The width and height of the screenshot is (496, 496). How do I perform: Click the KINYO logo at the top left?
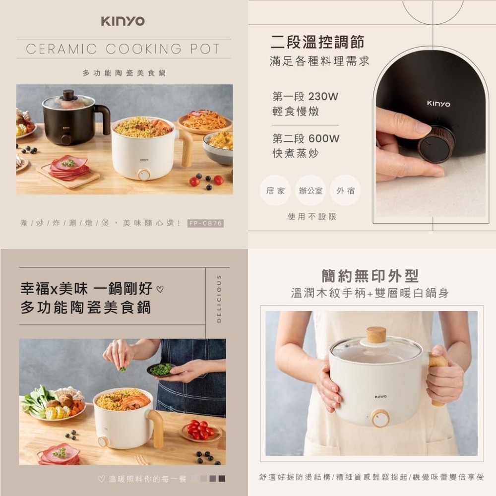tap(123, 21)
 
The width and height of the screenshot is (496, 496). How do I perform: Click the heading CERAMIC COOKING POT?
tap(123, 49)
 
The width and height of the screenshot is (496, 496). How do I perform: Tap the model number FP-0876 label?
tap(206, 224)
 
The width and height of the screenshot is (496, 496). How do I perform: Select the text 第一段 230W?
tap(305, 96)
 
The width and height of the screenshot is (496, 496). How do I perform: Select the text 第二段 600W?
tap(306, 139)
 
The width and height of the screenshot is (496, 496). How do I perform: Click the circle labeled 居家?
tap(275, 190)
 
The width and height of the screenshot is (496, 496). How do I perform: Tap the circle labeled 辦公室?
tap(310, 190)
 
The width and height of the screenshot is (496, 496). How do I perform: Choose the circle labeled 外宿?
tap(345, 190)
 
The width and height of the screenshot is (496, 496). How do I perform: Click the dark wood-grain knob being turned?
tap(435, 144)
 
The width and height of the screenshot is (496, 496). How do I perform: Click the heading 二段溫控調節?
tap(317, 43)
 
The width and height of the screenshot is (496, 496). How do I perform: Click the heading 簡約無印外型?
tap(370, 276)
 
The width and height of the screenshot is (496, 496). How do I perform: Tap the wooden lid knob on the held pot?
tap(376, 335)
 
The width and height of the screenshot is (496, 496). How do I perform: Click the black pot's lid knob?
tap(68, 94)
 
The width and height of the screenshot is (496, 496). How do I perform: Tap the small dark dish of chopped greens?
tap(161, 370)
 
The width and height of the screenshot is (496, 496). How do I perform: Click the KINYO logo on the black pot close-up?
tap(438, 104)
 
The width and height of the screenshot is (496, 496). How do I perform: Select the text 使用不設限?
tap(312, 217)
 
